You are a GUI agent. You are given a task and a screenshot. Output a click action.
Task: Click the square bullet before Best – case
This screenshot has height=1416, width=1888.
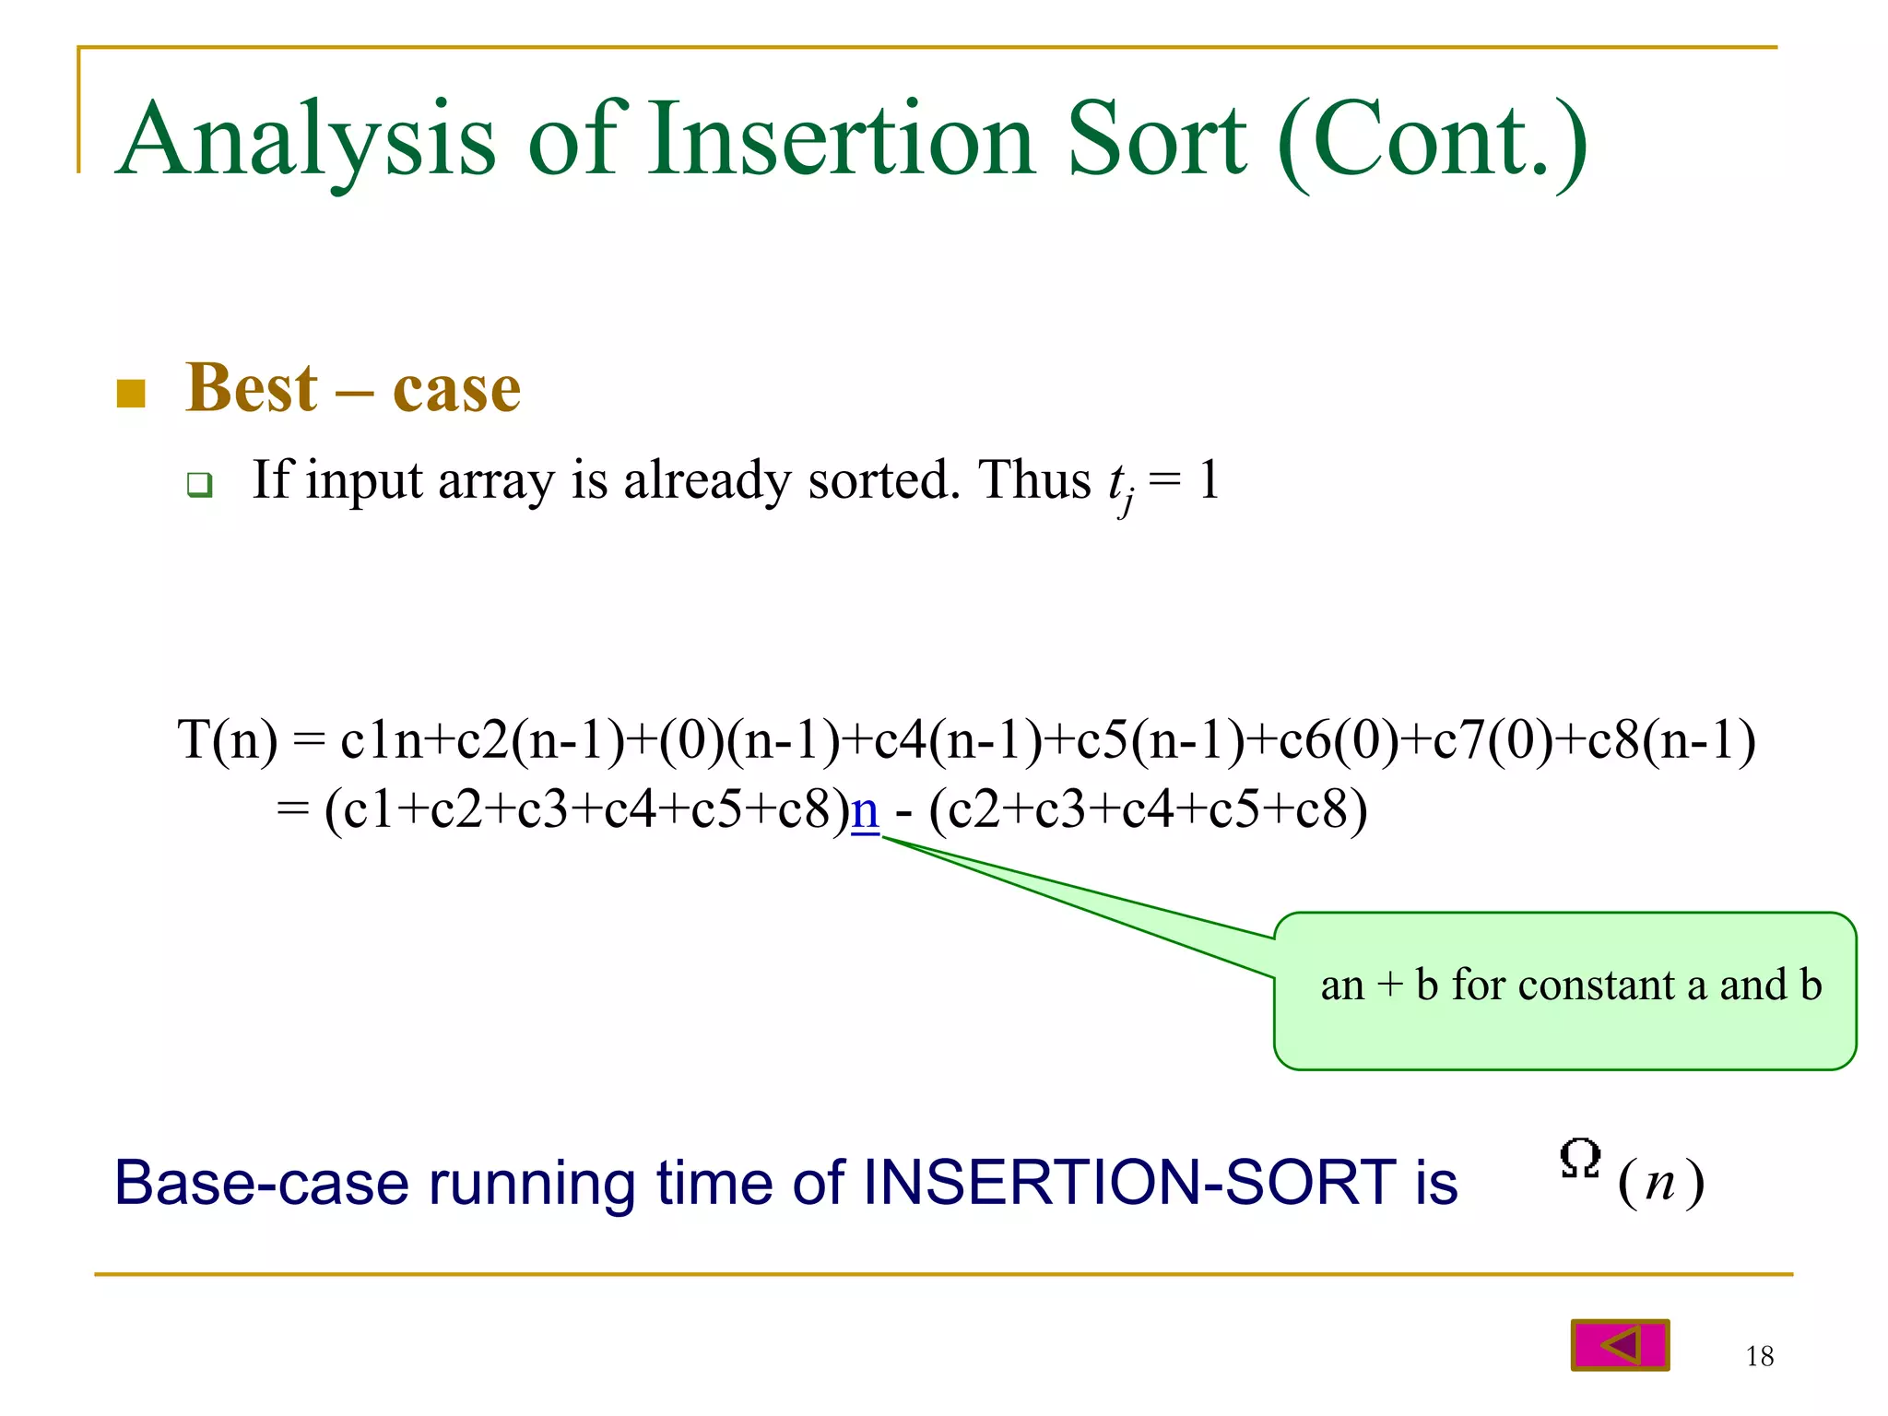(x=132, y=394)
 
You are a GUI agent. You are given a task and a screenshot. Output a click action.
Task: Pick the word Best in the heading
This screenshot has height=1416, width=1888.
(x=252, y=388)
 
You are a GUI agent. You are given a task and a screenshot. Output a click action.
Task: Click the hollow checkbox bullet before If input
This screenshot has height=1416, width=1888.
(x=199, y=485)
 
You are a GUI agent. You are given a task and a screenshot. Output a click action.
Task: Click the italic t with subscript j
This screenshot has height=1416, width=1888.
(x=1119, y=485)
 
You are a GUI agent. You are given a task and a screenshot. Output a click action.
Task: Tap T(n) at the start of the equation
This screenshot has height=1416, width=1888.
(x=227, y=740)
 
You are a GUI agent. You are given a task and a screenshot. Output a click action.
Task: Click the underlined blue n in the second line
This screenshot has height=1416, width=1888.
(x=865, y=811)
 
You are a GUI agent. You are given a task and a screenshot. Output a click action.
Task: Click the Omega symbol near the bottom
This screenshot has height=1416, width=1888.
(x=1579, y=1160)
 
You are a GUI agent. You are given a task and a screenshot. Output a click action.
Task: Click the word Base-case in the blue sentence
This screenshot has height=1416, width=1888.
(x=261, y=1183)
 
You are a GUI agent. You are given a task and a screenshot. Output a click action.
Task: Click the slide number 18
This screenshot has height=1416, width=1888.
(x=1759, y=1356)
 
